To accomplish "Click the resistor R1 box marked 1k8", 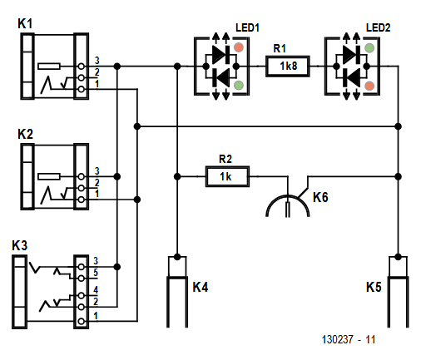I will click(x=288, y=65).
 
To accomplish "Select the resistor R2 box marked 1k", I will click(x=226, y=175).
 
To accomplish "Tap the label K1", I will click(x=26, y=25).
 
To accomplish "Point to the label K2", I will click(x=26, y=133).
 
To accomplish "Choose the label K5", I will click(x=375, y=288).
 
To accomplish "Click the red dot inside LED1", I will click(x=238, y=47).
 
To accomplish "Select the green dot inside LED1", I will click(x=238, y=84).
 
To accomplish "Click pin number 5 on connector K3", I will click(x=97, y=272).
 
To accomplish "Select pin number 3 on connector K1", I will click(x=97, y=61).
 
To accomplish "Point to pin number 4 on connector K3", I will click(x=97, y=289).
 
